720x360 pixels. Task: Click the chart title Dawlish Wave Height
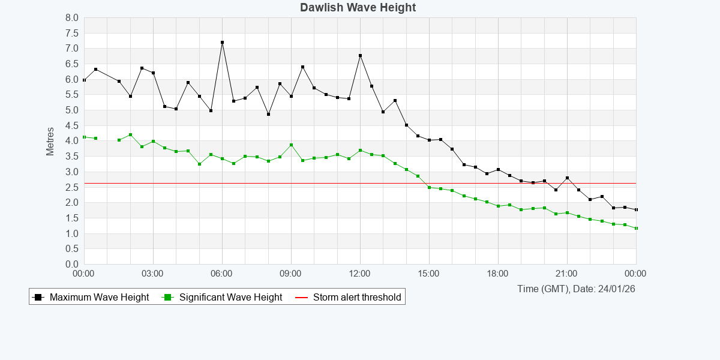coord(358,8)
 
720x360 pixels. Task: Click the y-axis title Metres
coord(50,141)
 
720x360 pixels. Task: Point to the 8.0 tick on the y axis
coord(72,17)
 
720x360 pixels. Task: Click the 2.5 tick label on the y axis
coord(72,187)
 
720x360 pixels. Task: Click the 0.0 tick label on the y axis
coord(72,264)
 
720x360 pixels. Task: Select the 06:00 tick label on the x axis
coord(222,274)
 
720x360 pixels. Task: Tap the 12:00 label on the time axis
coord(360,274)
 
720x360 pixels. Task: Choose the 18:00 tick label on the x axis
coord(498,274)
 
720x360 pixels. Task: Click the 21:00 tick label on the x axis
coord(567,274)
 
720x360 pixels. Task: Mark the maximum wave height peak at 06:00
coord(222,43)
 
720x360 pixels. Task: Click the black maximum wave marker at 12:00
coord(360,56)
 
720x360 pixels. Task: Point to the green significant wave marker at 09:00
coord(291,145)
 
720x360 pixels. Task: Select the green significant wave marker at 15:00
coord(429,187)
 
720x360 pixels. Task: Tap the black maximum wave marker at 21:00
coord(567,178)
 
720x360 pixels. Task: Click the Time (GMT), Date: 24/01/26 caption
coord(576,289)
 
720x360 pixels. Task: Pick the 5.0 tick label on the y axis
coord(72,110)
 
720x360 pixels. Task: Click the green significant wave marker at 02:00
coord(130,135)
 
